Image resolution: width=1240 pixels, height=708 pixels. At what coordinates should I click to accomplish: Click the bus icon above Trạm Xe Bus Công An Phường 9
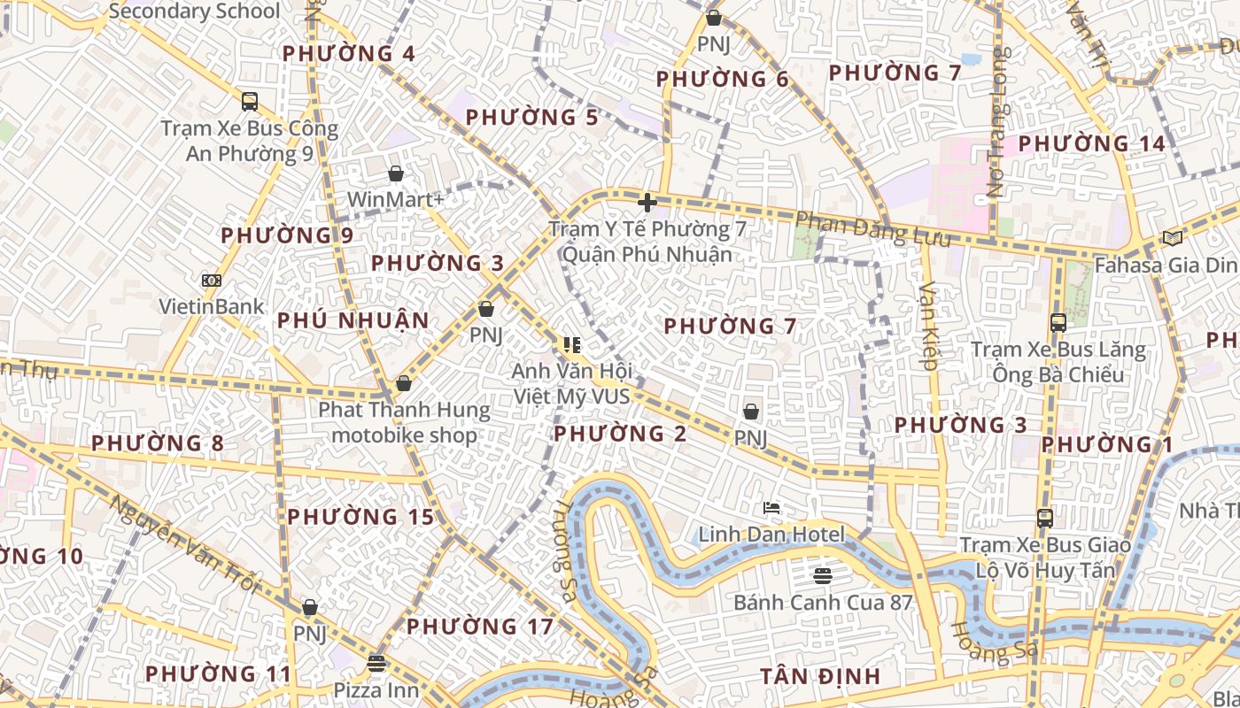[x=250, y=101]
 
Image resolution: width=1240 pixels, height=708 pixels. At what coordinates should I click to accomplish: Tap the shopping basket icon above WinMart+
[x=396, y=173]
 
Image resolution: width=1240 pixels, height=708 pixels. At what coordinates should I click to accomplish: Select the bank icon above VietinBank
[x=212, y=281]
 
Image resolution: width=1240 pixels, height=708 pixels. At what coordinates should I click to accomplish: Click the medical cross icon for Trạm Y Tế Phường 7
[x=647, y=203]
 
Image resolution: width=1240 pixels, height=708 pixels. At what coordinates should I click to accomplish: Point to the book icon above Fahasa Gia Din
[x=1173, y=238]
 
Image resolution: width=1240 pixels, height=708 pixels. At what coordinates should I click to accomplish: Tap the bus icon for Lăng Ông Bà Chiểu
[x=1058, y=322]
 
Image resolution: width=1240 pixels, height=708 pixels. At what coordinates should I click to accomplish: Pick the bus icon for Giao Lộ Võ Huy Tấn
[x=1045, y=519]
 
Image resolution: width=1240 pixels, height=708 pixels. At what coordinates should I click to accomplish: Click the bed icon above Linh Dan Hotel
[x=771, y=508]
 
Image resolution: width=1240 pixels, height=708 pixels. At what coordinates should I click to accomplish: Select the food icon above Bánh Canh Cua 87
[x=823, y=576]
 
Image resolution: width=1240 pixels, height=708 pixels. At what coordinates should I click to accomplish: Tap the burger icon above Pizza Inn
[x=376, y=663]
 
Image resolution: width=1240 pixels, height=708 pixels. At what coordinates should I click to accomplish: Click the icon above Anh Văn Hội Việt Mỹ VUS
[x=571, y=344]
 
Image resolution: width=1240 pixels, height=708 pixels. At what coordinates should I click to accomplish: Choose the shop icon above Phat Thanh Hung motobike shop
[x=404, y=383]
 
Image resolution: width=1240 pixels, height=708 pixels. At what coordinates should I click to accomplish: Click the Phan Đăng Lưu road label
[x=872, y=230]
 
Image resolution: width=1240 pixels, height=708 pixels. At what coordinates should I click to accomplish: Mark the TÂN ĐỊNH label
[x=820, y=677]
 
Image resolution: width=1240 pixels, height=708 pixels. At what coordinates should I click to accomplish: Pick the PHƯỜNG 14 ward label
[x=1091, y=143]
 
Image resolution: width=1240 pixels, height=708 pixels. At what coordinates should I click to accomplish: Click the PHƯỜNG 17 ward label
[x=479, y=627]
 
